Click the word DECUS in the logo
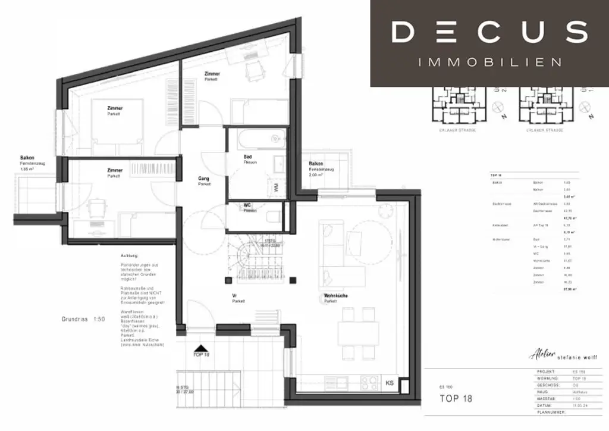pyautogui.click(x=489, y=32)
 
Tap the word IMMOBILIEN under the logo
pyautogui.click(x=490, y=62)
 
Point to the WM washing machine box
pyautogui.click(x=276, y=188)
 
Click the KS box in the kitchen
pyautogui.click(x=390, y=383)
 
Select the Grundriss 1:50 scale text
pyautogui.click(x=83, y=319)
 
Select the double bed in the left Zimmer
pyautogui.click(x=117, y=127)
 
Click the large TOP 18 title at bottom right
pyautogui.click(x=456, y=398)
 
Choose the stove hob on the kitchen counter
pyautogui.click(x=368, y=382)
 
